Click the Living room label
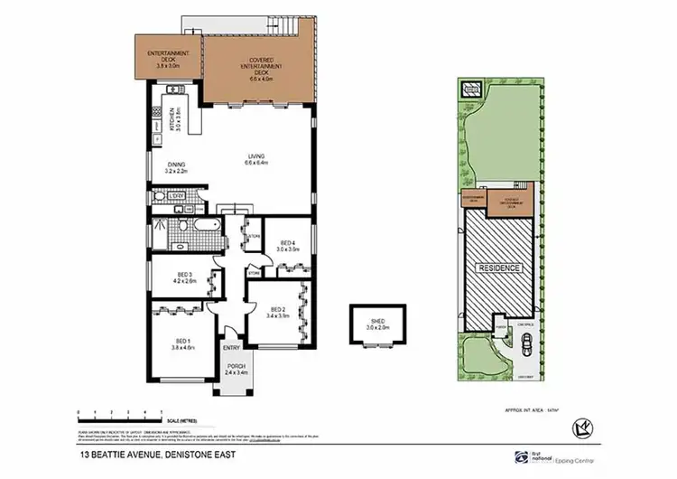pyautogui.click(x=258, y=162)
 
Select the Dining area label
pyautogui.click(x=174, y=167)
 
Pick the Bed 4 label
pyautogui.click(x=288, y=245)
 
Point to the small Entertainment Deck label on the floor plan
pyautogui.click(x=167, y=60)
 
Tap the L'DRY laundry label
pyautogui.click(x=178, y=196)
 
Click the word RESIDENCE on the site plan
pyautogui.click(x=497, y=268)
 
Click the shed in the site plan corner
pyautogui.click(x=470, y=89)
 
